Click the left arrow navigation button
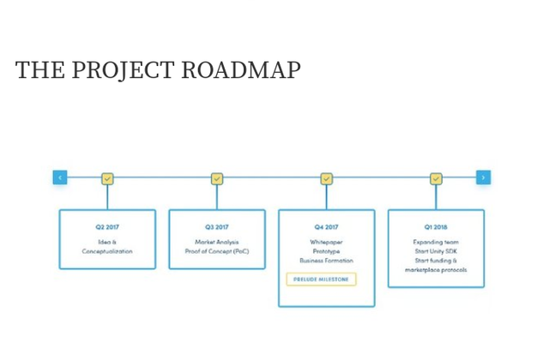(60, 177)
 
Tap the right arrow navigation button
(483, 177)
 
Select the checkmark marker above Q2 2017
(107, 179)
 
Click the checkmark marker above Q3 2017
(217, 179)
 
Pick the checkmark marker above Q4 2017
(327, 179)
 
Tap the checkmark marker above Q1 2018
(436, 179)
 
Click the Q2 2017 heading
(107, 227)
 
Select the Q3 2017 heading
(217, 227)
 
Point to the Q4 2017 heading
(326, 227)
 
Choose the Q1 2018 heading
(436, 227)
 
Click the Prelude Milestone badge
(321, 279)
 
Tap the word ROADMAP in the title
(241, 69)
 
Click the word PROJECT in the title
(123, 69)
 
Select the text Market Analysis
(217, 242)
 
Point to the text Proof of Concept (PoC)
(217, 251)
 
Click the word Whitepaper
(326, 242)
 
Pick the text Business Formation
(326, 261)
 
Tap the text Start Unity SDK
(436, 251)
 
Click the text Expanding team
(436, 242)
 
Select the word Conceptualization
(107, 251)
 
